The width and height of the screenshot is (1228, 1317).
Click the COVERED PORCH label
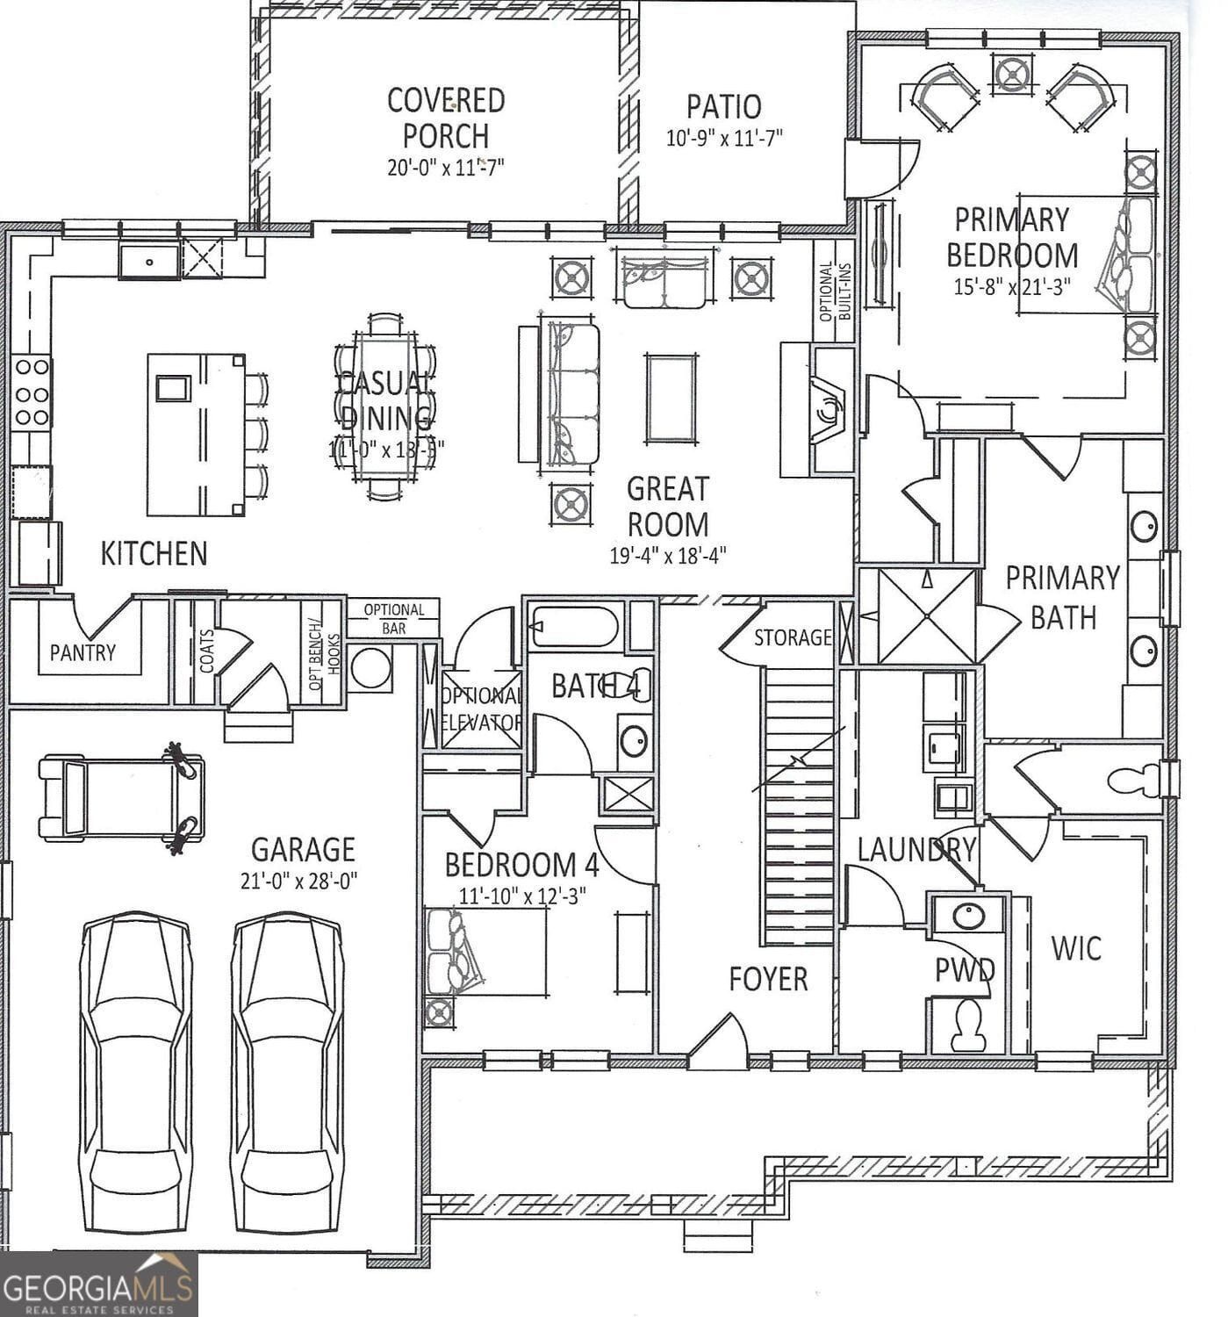(446, 118)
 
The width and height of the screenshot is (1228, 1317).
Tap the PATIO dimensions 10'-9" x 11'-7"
(723, 138)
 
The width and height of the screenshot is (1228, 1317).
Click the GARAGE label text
(303, 849)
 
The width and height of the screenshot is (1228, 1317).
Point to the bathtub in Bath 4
(575, 626)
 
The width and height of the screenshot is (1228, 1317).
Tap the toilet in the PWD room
(969, 1026)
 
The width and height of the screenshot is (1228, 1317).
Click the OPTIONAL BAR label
(393, 618)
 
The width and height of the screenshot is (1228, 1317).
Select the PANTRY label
(83, 652)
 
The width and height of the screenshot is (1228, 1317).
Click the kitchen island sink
(173, 387)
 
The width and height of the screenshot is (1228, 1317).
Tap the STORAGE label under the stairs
(792, 637)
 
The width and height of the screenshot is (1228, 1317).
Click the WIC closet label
(1076, 948)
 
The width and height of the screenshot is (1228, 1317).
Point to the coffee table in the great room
(671, 398)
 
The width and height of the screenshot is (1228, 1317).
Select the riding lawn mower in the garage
(121, 797)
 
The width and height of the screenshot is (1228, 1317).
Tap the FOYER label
(768, 979)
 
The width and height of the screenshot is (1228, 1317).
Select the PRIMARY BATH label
(1062, 597)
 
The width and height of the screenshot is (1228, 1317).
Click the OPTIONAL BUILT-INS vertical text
(834, 291)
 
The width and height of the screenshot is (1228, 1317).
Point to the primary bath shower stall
(927, 615)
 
